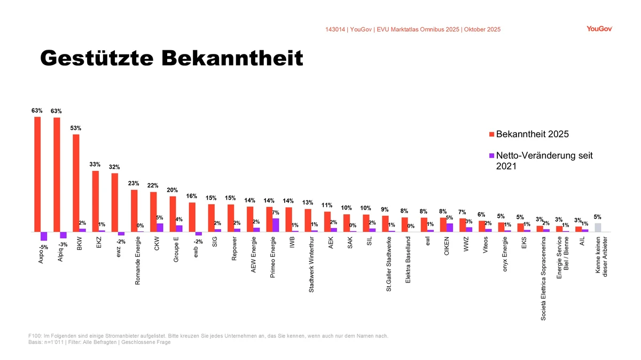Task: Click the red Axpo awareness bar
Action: (x=37, y=174)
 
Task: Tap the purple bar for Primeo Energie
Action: (x=276, y=225)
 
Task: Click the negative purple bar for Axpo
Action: (x=44, y=236)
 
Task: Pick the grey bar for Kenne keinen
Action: (x=598, y=228)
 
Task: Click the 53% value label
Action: (x=76, y=128)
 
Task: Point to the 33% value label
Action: (x=95, y=164)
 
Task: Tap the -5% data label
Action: (x=44, y=247)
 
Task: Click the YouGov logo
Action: (x=599, y=29)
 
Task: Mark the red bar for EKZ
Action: (x=95, y=201)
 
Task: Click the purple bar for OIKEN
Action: (x=450, y=228)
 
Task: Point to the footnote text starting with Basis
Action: (x=99, y=342)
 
